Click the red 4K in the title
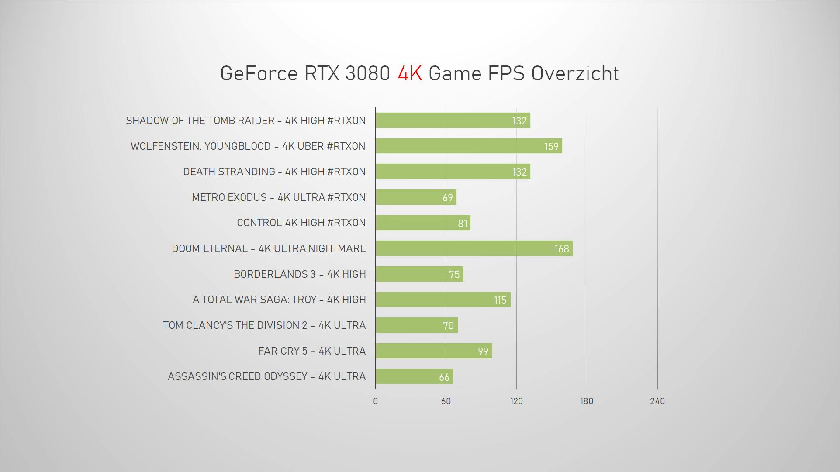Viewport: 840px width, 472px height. [410, 73]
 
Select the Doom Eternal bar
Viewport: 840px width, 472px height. [474, 248]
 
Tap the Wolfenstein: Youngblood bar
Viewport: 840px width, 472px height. [469, 146]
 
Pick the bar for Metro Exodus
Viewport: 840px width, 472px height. [416, 197]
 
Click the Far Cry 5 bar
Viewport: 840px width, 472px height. [433, 351]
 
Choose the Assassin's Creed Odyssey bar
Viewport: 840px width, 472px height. [414, 376]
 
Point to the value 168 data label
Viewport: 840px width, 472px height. [562, 249]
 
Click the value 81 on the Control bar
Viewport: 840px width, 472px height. [463, 224]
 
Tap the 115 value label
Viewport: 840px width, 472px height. [500, 300]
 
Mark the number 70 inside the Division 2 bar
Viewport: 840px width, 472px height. [448, 326]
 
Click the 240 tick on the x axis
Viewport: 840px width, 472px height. [657, 401]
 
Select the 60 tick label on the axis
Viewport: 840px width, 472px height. [446, 401]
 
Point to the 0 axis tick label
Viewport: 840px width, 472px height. [375, 401]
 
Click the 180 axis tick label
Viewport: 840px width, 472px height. [586, 401]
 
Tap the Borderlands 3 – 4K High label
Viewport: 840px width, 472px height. [300, 274]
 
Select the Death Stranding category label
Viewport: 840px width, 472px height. [274, 172]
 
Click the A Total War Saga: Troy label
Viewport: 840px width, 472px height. [279, 300]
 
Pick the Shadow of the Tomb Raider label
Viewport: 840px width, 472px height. [245, 121]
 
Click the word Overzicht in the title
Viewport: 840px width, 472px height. [575, 73]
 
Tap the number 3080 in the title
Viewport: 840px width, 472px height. [367, 73]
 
